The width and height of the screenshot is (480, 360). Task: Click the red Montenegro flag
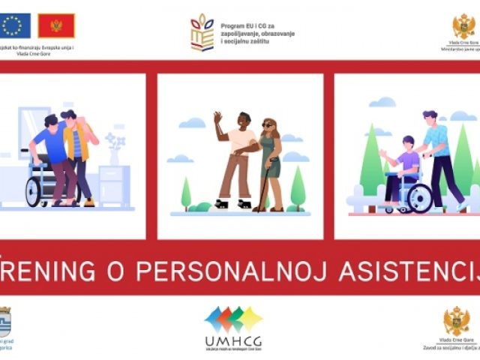pyautogui.click(x=56, y=25)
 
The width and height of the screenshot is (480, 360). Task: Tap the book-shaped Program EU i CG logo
pyautogui.click(x=202, y=32)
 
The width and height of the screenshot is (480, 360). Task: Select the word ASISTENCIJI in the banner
pyautogui.click(x=409, y=270)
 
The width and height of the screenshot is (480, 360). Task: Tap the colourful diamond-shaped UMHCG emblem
pyautogui.click(x=233, y=319)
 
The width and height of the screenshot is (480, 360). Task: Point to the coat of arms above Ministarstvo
pyautogui.click(x=463, y=27)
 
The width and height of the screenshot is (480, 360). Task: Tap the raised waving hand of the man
pyautogui.click(x=217, y=118)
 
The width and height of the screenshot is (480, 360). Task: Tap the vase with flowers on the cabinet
pyautogui.click(x=113, y=152)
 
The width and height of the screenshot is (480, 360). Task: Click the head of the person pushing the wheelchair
pyautogui.click(x=430, y=117)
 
